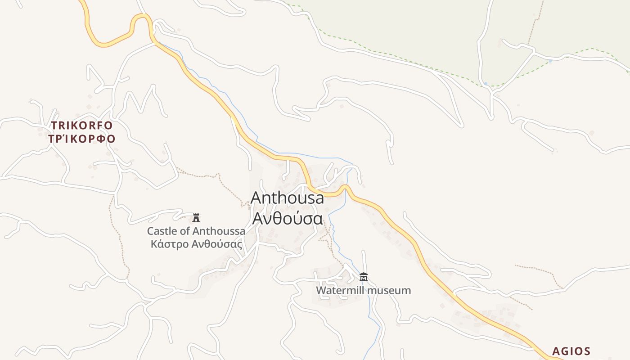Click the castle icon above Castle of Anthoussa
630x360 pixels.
coord(196,218)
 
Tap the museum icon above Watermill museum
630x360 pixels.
coord(364,277)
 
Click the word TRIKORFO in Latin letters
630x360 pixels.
coord(81,125)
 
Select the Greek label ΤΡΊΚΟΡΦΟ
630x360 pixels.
coord(81,139)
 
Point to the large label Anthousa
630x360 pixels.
coord(287,198)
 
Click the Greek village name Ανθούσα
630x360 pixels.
coord(287,218)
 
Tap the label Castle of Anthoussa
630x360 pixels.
coord(196,231)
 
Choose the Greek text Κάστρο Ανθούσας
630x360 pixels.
coord(196,245)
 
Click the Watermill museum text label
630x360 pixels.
coord(363,290)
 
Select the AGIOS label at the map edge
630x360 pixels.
coord(571,351)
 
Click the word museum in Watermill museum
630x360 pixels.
coord(389,290)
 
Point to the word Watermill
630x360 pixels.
coord(340,290)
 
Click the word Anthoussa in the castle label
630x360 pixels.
coord(219,231)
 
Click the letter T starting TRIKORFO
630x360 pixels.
coord(54,125)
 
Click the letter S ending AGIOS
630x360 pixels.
coord(587,351)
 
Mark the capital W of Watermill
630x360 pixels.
coord(321,290)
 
